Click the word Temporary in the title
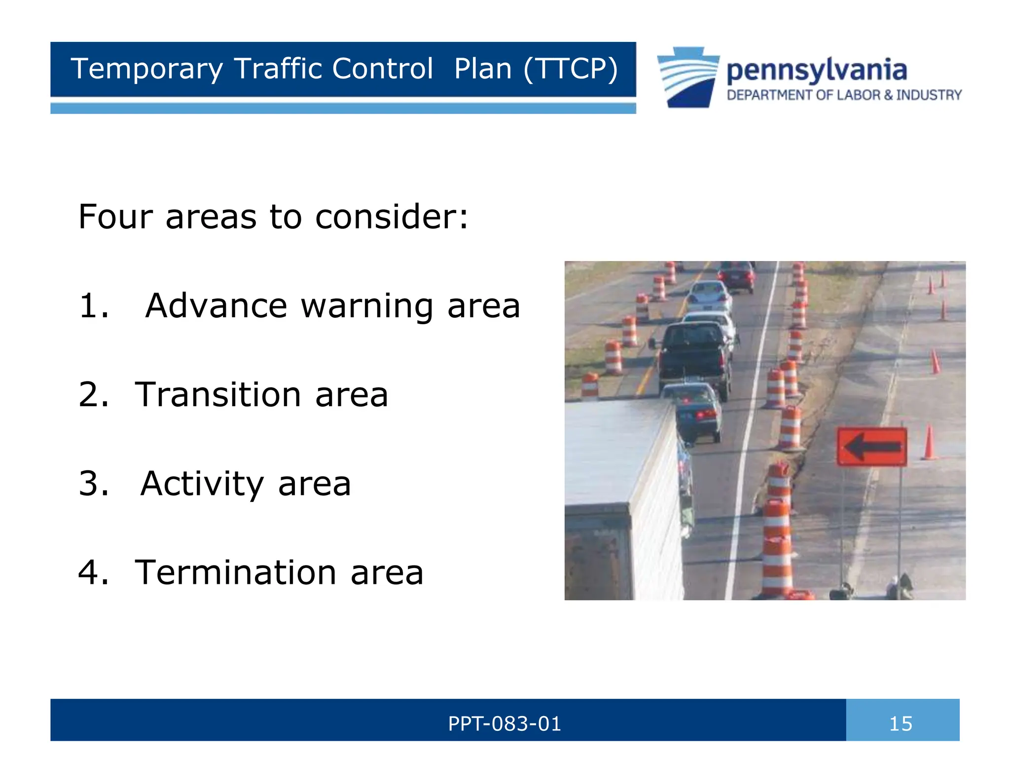pyautogui.click(x=147, y=69)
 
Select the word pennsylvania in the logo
pyautogui.click(x=817, y=70)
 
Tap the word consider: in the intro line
pyautogui.click(x=392, y=217)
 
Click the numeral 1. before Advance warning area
pyautogui.click(x=94, y=305)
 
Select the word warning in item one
pyautogui.click(x=367, y=306)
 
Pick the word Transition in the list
pyautogui.click(x=218, y=395)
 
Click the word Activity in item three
pyautogui.click(x=202, y=484)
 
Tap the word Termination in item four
pyautogui.click(x=236, y=572)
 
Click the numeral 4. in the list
pyautogui.click(x=94, y=572)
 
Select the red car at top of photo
pyautogui.click(x=736, y=276)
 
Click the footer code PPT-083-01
pyautogui.click(x=505, y=724)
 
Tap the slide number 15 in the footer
pyautogui.click(x=901, y=724)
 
